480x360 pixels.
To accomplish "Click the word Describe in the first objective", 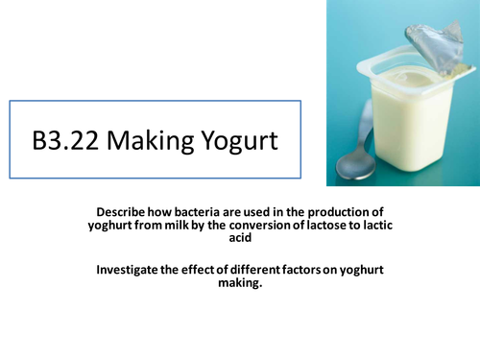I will pos(124,211).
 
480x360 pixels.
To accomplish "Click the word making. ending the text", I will pos(240,284).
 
